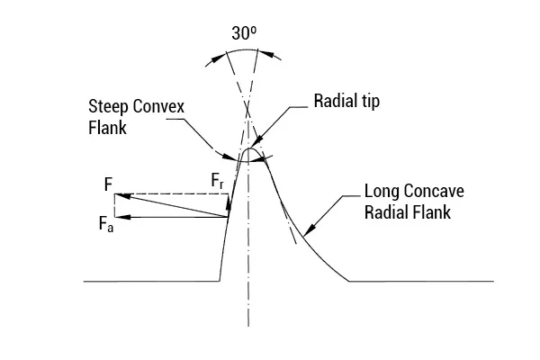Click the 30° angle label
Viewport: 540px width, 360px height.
(244, 33)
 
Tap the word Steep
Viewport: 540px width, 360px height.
(108, 106)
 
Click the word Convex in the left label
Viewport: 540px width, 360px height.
(158, 106)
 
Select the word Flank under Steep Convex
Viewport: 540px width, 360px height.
(107, 128)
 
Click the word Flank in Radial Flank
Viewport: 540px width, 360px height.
(431, 212)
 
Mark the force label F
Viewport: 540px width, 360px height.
(108, 184)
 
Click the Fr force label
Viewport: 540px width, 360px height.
(217, 181)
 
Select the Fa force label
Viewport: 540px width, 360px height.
(106, 224)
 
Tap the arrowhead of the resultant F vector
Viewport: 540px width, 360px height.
(122, 196)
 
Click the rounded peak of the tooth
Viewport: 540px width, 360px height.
(248, 148)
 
